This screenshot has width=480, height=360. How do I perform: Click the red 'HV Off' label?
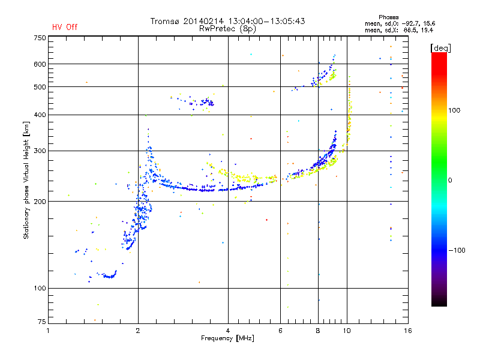pos(65,27)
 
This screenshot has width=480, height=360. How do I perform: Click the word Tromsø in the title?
pos(164,21)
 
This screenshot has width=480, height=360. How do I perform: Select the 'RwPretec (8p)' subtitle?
pos(227,29)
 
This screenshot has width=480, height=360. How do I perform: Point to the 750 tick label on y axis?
pos(40,38)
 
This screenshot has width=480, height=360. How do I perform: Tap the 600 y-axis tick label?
pos(40,64)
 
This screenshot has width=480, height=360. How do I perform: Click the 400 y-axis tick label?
pos(40,115)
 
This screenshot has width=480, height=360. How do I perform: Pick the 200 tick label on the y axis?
pos(40,202)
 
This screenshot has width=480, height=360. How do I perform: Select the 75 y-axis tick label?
pos(42,322)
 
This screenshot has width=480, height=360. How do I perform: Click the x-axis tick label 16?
pos(408,331)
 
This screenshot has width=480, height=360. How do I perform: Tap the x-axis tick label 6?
pos(280,331)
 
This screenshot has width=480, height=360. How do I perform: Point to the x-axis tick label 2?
pos(138,331)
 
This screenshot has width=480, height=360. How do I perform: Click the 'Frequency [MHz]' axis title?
pos(227,338)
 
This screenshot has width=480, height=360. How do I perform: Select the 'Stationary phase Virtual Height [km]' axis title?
pos(26,181)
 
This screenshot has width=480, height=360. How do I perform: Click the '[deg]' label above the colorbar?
pos(440,48)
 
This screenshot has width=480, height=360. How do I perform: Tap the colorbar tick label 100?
pos(454,110)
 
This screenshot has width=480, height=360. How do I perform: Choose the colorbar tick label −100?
pos(457,250)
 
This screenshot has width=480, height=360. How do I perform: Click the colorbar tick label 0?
pos(450,181)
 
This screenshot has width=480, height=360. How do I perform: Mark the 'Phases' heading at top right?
pos(388,17)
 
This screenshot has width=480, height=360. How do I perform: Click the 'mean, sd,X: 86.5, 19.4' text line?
pos(399,31)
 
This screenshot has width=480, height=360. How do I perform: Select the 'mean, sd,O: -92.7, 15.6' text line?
pos(400,24)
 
